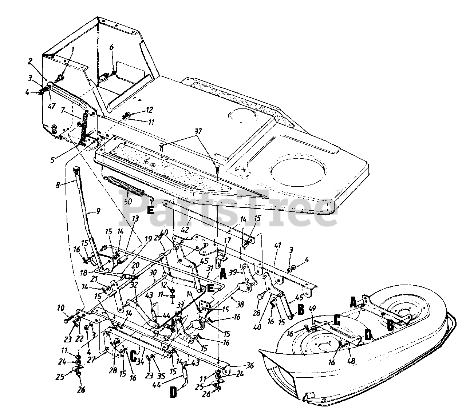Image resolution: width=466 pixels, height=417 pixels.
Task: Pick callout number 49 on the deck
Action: (x=312, y=309)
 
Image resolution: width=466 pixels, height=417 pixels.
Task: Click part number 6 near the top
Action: (x=111, y=47)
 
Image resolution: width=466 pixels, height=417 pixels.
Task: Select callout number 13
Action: (x=125, y=239)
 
